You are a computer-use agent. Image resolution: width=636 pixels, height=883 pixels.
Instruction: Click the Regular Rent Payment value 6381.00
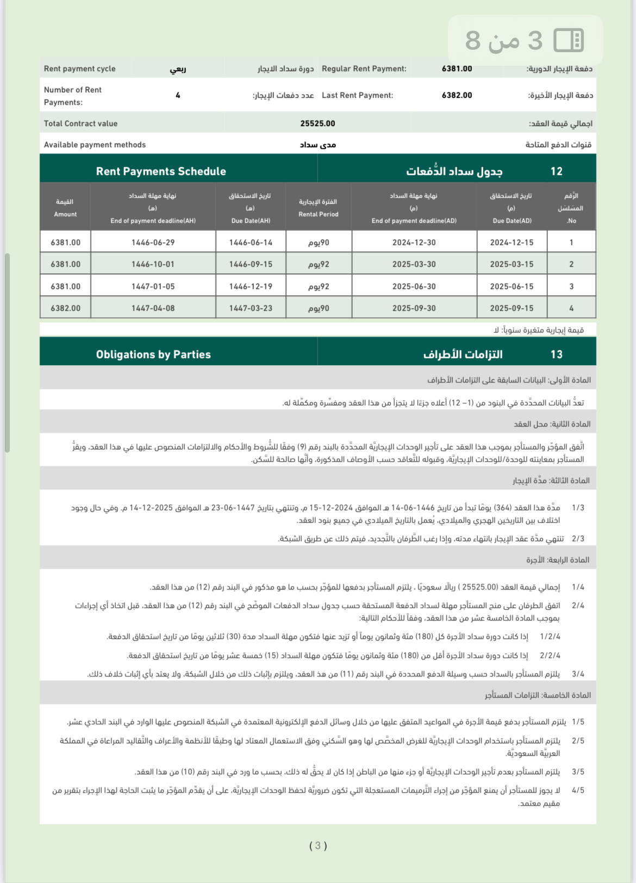tap(457, 69)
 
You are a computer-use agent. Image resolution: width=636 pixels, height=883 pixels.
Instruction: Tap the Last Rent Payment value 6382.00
tap(457, 96)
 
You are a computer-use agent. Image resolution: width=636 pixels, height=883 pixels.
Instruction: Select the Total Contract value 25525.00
tap(317, 124)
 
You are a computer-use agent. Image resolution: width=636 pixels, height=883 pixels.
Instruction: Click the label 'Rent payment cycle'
tap(80, 69)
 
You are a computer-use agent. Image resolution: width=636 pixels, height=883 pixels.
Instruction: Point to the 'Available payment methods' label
tap(95, 145)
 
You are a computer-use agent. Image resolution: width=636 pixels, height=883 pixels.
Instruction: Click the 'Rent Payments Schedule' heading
tap(161, 172)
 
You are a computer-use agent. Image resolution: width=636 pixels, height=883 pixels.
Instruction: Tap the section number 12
tap(556, 172)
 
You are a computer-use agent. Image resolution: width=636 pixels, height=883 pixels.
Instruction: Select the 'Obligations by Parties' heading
tap(153, 355)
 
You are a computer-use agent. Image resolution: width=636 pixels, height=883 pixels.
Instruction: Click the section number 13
tap(556, 355)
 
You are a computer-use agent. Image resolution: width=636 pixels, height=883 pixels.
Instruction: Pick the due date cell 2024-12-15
tap(512, 243)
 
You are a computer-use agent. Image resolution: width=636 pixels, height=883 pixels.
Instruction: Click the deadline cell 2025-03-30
tap(414, 265)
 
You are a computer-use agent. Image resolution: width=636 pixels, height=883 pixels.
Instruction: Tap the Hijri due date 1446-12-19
tap(251, 287)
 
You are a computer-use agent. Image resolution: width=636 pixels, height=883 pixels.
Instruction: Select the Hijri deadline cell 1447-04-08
tap(153, 309)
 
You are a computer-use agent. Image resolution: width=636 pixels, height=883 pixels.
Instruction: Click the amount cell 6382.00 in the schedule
tap(65, 309)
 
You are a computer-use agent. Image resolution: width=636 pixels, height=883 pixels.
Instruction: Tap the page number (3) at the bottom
tap(318, 846)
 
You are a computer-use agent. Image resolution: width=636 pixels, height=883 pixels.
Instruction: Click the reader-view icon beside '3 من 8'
tap(568, 40)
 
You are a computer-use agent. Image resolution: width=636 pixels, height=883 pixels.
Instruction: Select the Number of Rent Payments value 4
tap(178, 96)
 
